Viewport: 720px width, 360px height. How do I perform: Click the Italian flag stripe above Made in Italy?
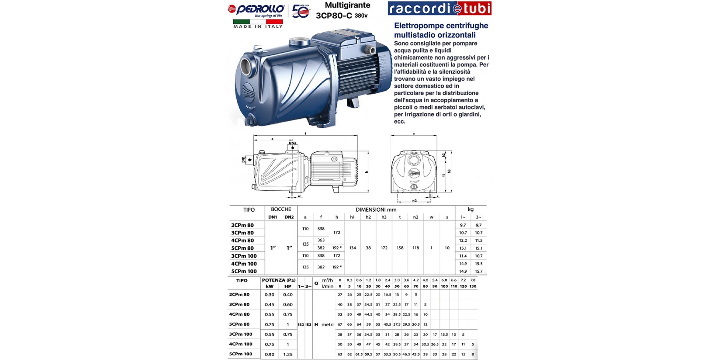[258, 21]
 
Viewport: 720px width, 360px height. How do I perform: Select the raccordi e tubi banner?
[439, 8]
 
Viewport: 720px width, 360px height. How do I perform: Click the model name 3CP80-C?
[334, 16]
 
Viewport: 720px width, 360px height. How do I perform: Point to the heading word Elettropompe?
[418, 26]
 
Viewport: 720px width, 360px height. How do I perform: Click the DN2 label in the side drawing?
[292, 143]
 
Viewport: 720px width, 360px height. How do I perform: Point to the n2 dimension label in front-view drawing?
[414, 200]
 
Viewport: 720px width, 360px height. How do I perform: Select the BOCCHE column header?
[281, 209]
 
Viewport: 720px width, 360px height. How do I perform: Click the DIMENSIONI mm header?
[376, 210]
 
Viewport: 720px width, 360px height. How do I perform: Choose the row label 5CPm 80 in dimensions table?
[242, 248]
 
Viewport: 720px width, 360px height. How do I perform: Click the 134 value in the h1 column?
[352, 248]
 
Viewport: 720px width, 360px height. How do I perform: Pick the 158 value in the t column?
[400, 248]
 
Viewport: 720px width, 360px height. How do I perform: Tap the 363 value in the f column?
[321, 240]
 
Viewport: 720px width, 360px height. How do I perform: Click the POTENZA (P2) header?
[278, 280]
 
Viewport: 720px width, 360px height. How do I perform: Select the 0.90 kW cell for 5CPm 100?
[270, 354]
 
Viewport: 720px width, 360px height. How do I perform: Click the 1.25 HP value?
[288, 354]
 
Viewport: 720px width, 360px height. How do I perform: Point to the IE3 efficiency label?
[308, 324]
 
